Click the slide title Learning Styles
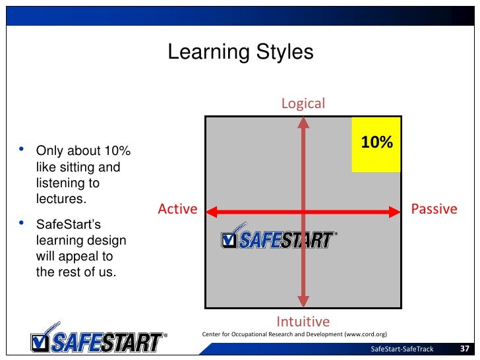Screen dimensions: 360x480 pos(240,52)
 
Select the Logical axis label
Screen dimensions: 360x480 pos(303,104)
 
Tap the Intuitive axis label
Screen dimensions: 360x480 pos(303,322)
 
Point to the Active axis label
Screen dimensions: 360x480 pos(177,209)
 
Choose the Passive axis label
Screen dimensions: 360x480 pos(434,209)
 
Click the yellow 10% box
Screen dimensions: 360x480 pos(376,144)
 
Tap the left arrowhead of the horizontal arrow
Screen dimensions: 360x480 pos(212,212)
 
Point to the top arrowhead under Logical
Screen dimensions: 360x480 pos(303,123)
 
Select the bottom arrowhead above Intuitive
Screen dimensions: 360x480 pos(303,302)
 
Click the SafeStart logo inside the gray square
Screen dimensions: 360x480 pos(278,239)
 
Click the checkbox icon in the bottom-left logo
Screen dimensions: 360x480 pos(41,342)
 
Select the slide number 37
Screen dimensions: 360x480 pos(464,349)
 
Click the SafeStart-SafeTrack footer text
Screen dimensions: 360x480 pos(402,349)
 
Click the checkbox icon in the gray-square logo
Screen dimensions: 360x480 pos(229,241)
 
